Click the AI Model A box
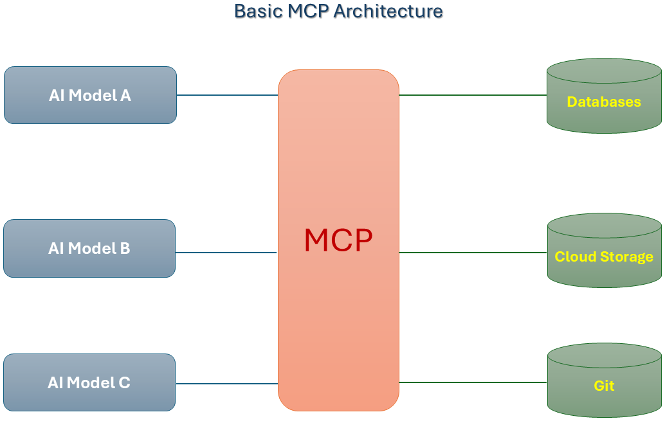point(90,94)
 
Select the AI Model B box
point(89,248)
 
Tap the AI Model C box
point(89,382)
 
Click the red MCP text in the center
point(338,240)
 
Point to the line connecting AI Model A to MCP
point(227,95)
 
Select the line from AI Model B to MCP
point(226,253)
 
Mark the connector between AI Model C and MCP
point(226,384)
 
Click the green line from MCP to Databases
point(473,95)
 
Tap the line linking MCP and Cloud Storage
point(473,253)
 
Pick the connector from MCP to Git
point(473,382)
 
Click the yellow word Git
point(604,386)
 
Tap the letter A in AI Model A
point(125,96)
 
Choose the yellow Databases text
point(604,102)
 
